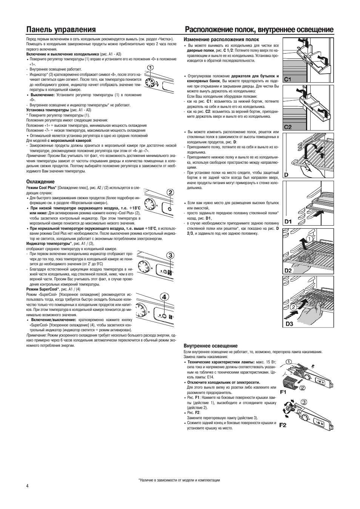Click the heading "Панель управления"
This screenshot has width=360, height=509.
click(x=61, y=29)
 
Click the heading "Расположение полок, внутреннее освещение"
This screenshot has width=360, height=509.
click(x=259, y=29)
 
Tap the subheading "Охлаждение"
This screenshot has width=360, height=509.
click(x=40, y=182)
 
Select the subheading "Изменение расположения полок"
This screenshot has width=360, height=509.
click(x=221, y=39)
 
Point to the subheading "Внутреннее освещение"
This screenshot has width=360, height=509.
click(x=211, y=346)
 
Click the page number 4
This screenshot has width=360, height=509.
click(x=28, y=485)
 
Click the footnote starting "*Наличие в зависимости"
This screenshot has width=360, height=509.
click(x=179, y=480)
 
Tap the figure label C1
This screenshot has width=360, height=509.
click(x=288, y=79)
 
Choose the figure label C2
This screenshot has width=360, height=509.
click(x=288, y=127)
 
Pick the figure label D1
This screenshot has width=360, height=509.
click(x=289, y=221)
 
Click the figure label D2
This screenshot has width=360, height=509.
click(x=288, y=270)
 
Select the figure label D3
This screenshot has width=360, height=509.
click(x=289, y=324)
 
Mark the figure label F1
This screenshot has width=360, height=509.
click(x=283, y=392)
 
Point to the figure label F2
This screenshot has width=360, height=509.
click(x=283, y=425)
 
